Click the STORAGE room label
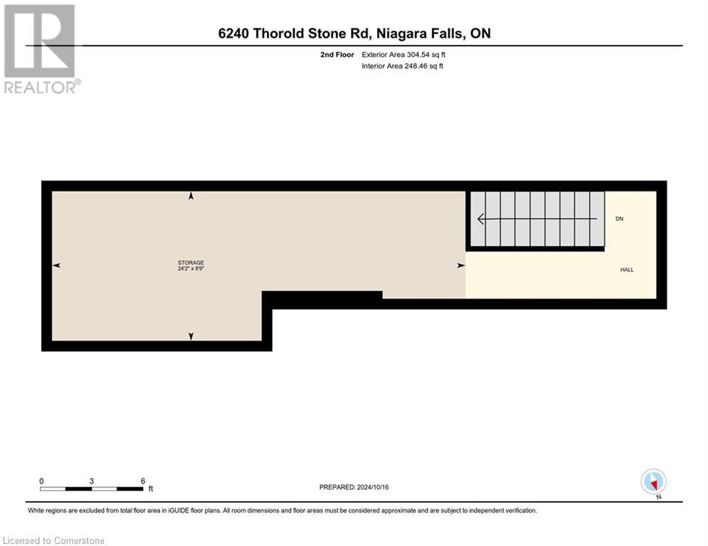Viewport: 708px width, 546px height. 191,263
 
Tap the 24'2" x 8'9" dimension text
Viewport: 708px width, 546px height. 191,269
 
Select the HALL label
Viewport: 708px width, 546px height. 626,269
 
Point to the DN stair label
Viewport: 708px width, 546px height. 619,219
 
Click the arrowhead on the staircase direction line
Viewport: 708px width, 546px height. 481,219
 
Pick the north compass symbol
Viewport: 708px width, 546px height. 653,481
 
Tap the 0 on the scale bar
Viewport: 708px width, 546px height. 41,481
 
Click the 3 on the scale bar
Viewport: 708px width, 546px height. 92,481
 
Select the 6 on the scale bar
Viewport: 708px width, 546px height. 143,481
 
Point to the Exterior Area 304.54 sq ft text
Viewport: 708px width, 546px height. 403,54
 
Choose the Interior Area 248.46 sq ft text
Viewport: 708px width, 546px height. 403,66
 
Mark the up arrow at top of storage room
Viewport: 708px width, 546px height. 191,196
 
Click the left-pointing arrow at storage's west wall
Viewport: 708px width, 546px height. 56,265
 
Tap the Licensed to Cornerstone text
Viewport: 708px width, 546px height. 54,541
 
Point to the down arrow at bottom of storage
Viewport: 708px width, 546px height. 191,336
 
